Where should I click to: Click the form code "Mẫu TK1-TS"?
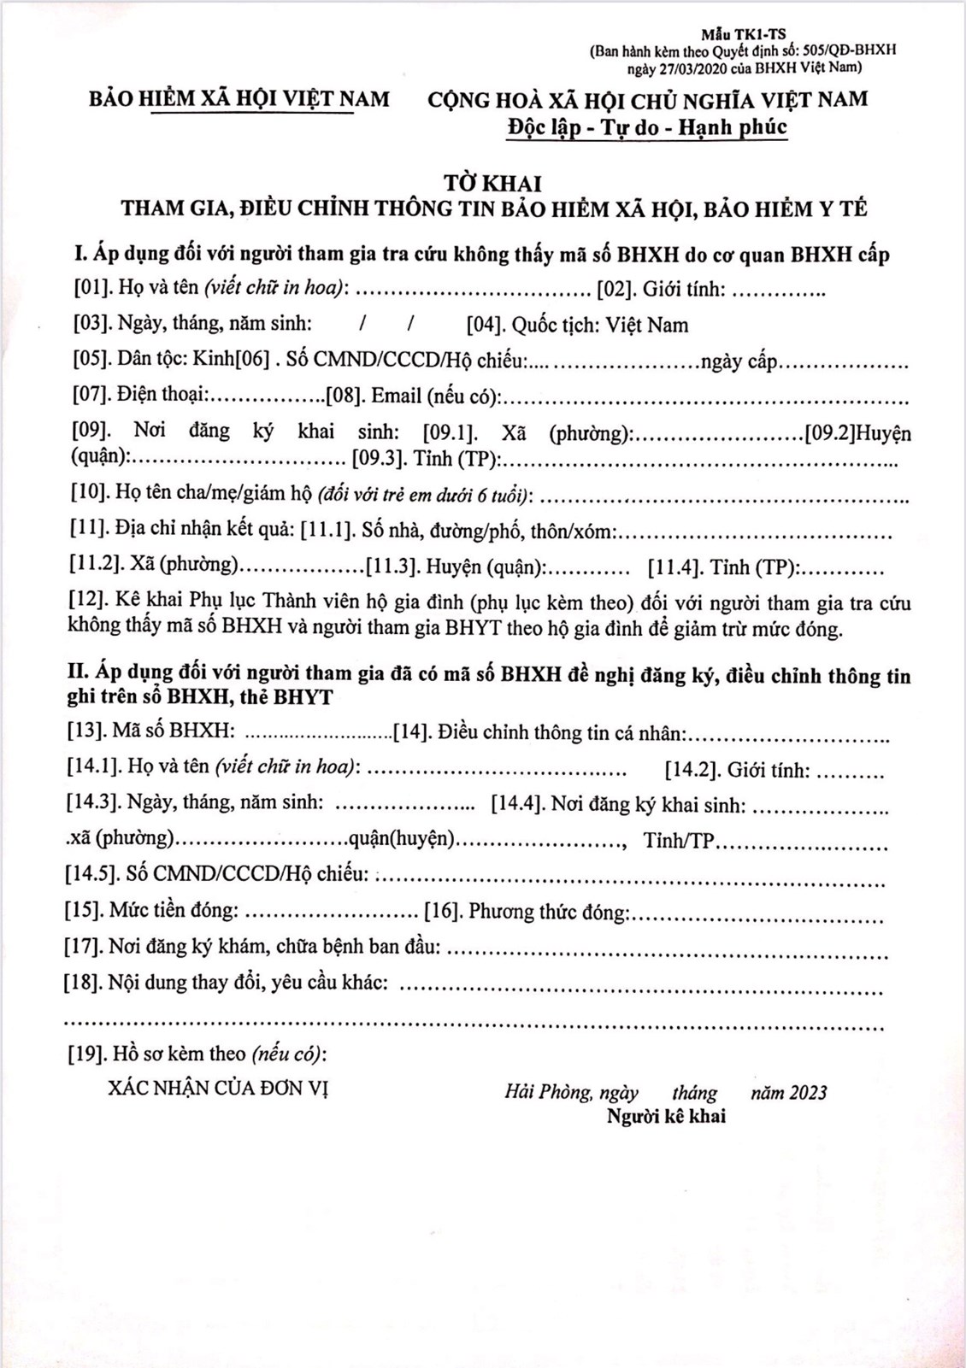[x=743, y=35]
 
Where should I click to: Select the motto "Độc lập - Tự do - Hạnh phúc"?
[x=646, y=127]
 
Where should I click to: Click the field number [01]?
[x=92, y=288]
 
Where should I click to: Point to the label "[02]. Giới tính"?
[x=661, y=289]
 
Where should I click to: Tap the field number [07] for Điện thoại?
[x=91, y=394]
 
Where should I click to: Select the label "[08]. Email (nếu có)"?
[x=414, y=396]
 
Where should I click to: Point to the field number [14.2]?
[x=692, y=771]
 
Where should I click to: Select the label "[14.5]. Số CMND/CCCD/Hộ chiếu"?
[x=218, y=873]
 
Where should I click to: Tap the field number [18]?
[x=84, y=982]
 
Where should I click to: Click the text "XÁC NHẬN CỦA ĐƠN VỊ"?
[x=219, y=1088]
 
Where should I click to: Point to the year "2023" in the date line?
[x=808, y=1093]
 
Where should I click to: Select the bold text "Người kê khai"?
[x=666, y=1116]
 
